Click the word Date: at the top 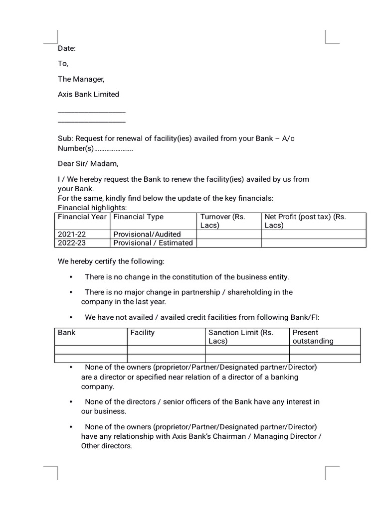click(x=67, y=48)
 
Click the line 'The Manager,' click(x=81, y=79)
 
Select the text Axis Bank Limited click(x=88, y=94)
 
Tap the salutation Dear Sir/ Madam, click(x=88, y=163)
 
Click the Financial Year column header click(x=82, y=217)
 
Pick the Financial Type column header click(x=139, y=217)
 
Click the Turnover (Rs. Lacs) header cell click(x=222, y=221)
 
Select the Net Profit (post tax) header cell click(x=305, y=221)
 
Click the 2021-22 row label click(x=72, y=234)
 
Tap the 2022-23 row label click(x=72, y=243)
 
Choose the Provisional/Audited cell click(x=147, y=234)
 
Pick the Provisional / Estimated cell click(x=153, y=243)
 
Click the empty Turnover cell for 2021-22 click(x=229, y=234)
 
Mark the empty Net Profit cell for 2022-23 click(x=313, y=243)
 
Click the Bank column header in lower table click(x=67, y=333)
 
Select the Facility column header click(x=143, y=333)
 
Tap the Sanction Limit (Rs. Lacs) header click(x=241, y=337)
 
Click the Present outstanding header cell click(x=313, y=337)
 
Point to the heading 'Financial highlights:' click(x=92, y=208)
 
